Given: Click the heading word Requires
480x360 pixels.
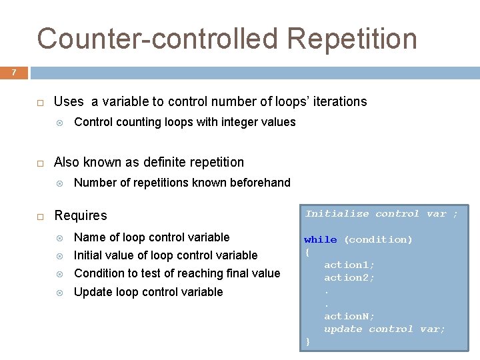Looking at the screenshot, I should (81, 215).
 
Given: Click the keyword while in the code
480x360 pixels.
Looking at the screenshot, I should (321, 239).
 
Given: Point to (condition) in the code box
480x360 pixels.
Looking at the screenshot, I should (378, 239).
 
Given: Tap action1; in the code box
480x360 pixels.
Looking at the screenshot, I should (349, 265).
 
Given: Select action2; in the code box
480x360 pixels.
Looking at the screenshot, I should (349, 277).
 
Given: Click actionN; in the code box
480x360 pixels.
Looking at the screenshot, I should (349, 316).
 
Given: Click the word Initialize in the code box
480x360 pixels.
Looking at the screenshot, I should (337, 214).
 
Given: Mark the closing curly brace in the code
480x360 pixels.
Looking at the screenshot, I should (307, 341).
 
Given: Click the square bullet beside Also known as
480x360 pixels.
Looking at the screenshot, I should (40, 163).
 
